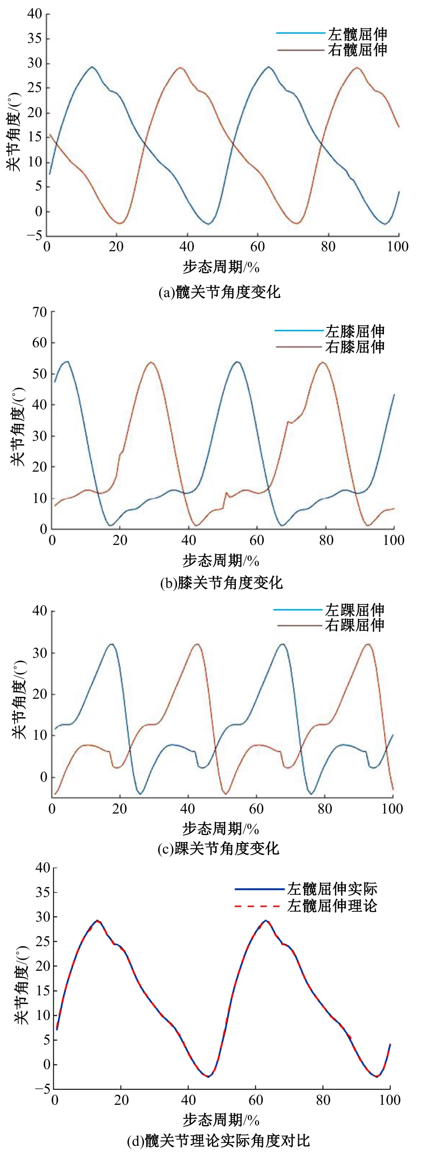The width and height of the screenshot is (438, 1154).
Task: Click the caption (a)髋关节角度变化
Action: tap(219, 292)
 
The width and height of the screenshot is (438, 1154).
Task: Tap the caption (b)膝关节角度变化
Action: tap(221, 583)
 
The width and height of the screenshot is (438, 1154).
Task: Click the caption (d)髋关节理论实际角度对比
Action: tap(218, 1140)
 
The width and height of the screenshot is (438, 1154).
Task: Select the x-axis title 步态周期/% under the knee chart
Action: tap(221, 560)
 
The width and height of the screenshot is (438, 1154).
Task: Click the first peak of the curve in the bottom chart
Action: tap(97, 921)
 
